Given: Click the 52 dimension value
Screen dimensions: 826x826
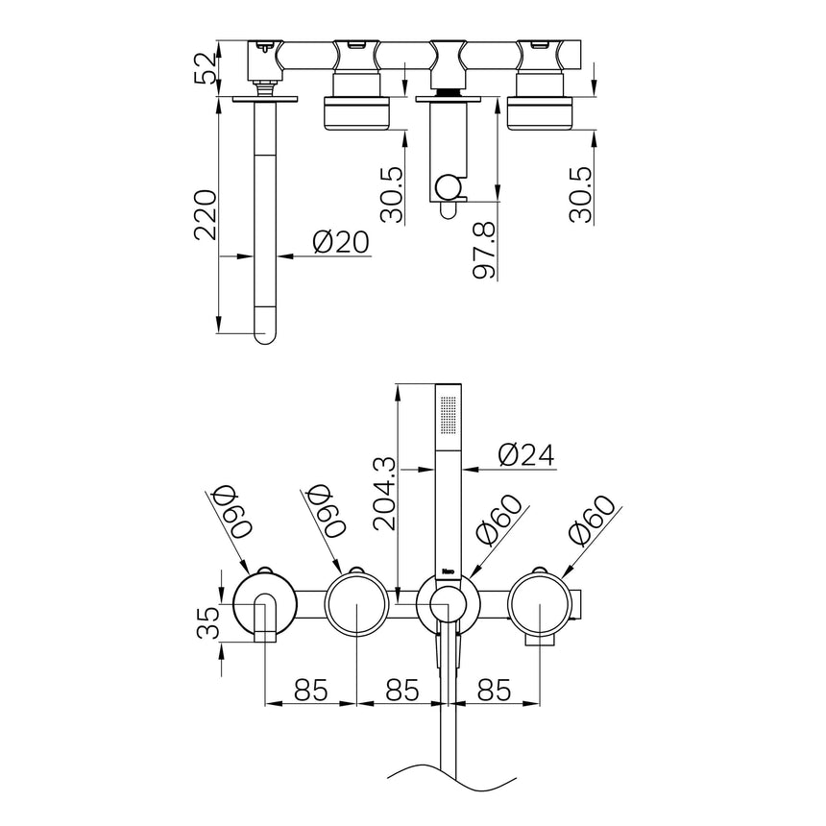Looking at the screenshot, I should (205, 66).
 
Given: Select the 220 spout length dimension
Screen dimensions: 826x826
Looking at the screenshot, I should (205, 215).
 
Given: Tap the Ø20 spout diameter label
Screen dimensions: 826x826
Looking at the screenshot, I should (341, 242).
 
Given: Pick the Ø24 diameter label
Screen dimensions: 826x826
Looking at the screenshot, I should (527, 455).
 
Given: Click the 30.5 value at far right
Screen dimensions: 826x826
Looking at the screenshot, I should (580, 193).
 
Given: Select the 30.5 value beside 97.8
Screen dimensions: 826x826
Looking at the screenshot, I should (391, 193).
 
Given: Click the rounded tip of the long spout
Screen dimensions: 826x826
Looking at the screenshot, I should (262, 336).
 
